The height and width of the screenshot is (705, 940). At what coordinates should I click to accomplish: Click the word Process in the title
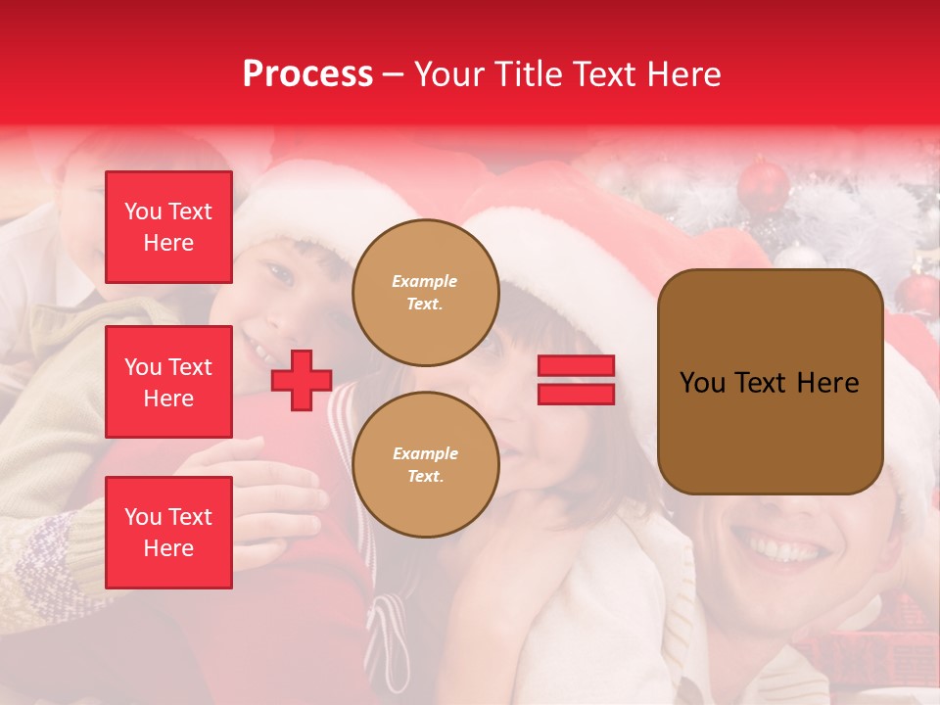[307, 74]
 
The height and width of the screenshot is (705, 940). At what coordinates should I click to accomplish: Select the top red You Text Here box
[168, 227]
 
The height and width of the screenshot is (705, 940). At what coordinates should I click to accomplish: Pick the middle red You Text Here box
[168, 382]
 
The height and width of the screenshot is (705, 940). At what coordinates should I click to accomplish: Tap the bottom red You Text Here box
[168, 532]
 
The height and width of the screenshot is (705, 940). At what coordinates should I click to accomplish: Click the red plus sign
[302, 380]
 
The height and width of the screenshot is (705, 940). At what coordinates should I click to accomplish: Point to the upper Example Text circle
[425, 293]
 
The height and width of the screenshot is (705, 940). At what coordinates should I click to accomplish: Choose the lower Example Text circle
[425, 464]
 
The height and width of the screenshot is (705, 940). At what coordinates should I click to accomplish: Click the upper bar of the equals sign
[576, 366]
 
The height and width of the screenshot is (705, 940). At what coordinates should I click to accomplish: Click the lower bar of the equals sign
[576, 394]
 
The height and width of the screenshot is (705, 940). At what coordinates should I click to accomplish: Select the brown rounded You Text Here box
[770, 382]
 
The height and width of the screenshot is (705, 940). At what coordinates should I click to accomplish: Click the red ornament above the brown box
[763, 185]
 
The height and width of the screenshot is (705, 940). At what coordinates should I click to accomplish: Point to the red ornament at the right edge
[920, 292]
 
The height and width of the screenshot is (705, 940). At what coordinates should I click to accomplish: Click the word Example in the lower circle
[425, 453]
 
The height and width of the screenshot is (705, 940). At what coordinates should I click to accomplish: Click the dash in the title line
[393, 74]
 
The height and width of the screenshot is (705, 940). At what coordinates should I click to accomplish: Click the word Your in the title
[447, 74]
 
